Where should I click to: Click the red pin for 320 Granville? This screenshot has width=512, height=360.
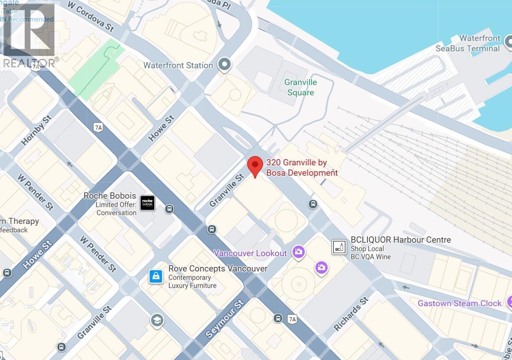[x=256, y=166]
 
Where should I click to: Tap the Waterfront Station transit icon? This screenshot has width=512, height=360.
[x=224, y=64]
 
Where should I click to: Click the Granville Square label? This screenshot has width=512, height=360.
[x=300, y=87]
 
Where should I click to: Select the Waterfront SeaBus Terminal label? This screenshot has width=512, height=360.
[x=467, y=43]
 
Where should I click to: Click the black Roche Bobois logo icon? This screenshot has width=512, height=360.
[x=147, y=203]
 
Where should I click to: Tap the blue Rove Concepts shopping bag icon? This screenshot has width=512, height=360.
[x=155, y=276]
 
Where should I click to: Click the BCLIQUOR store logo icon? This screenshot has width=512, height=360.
[x=339, y=247]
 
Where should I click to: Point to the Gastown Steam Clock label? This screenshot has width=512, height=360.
[x=459, y=303]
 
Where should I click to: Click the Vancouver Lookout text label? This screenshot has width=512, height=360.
[x=250, y=253]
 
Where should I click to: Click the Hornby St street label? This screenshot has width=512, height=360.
[x=36, y=130]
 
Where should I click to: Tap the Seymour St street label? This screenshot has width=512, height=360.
[x=224, y=320]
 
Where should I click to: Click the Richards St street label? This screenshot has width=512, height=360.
[x=351, y=314]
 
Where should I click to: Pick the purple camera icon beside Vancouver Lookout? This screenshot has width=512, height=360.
[x=298, y=252]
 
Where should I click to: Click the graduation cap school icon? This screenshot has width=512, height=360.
[x=157, y=320]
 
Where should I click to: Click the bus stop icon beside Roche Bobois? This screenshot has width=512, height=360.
[x=169, y=209]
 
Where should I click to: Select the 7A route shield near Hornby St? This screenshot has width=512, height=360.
[x=98, y=128]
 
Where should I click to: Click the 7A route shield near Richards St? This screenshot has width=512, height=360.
[x=292, y=319]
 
